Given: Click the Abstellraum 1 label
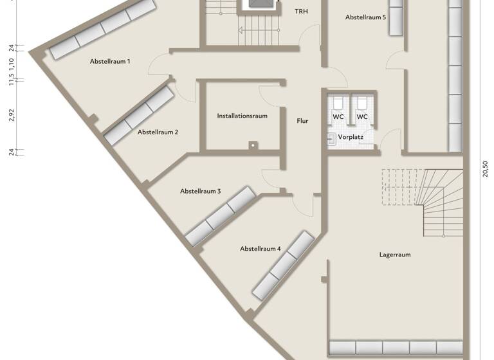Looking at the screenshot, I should (110, 62).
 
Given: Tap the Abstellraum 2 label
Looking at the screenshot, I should (158, 132).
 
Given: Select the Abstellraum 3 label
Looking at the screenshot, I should (201, 191).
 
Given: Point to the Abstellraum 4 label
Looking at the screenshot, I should (261, 248).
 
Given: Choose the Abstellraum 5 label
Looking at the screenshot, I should (365, 17).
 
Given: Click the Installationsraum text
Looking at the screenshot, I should (242, 116).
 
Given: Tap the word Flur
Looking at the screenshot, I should (302, 120).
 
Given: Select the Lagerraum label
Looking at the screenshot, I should (395, 255).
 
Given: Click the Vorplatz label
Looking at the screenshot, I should (351, 137).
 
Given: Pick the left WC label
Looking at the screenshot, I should (338, 117).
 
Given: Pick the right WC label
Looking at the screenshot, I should (362, 117).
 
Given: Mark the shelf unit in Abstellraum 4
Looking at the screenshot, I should (282, 265).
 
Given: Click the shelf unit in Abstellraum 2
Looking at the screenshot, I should (138, 116).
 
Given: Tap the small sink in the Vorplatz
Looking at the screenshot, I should (331, 138).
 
